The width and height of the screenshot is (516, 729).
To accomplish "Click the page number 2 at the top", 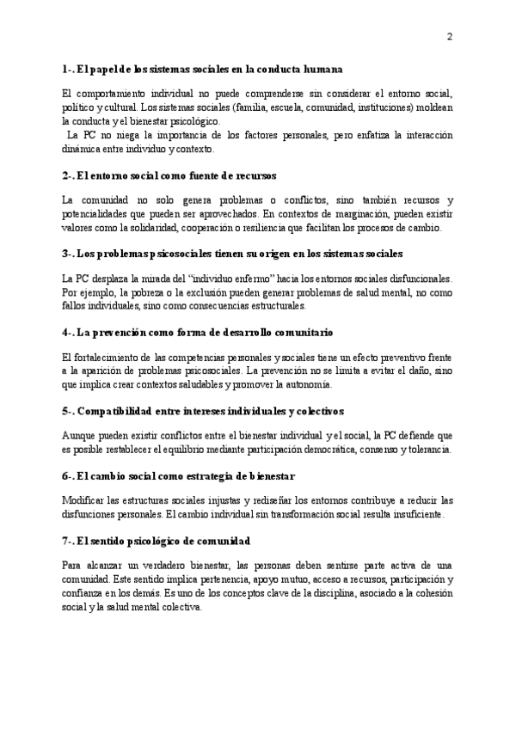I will coord(450,36).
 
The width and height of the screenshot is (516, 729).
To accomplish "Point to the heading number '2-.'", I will coord(70,175).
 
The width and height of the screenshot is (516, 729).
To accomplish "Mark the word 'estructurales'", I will coord(280,307).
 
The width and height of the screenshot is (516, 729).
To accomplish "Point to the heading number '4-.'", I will coord(70,332).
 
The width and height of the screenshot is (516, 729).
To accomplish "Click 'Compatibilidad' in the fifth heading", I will coord(118,410).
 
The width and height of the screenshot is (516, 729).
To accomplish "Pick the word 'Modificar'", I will coord(84,500).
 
